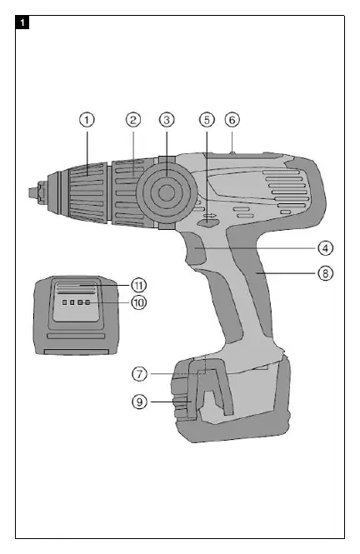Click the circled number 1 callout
coord(87,120)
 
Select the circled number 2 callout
coord(133,120)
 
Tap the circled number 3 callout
coord(167,120)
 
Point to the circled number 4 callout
coord(325,248)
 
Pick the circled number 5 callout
coord(207,120)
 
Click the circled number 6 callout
coord(232,120)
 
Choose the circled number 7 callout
coord(139,374)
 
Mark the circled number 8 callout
coord(325,273)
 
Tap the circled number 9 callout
coord(139,402)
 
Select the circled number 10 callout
coord(139,302)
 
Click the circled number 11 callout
coord(139,285)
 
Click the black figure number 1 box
coord(22,23)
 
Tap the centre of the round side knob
coord(166,192)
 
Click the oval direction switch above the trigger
coord(207,222)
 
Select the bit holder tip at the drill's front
coord(33,192)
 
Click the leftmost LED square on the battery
coord(65,302)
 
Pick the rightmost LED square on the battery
coord(87,302)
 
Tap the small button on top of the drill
coord(232,153)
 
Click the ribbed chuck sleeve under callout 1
coord(88,192)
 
